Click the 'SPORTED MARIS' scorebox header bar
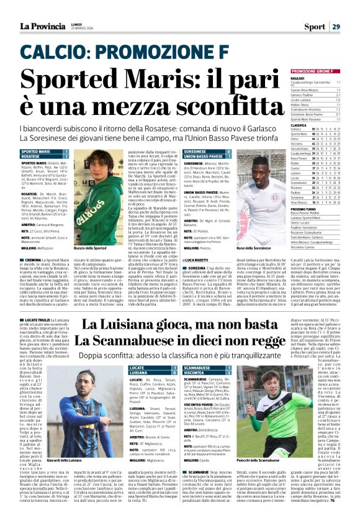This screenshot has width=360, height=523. click(36, 151)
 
